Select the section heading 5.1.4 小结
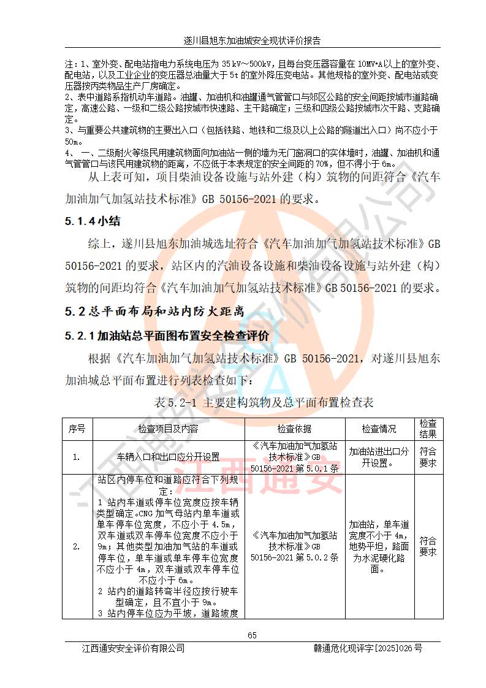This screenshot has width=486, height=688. pos(93,223)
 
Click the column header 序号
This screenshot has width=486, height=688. pos(77,429)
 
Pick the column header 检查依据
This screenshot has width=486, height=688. pos(294,429)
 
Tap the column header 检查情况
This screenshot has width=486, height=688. pos(379,429)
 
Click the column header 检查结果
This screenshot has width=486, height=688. pos(427,429)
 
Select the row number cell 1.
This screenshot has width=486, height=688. pos(77,457)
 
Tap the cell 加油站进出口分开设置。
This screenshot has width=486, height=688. pos(379,457)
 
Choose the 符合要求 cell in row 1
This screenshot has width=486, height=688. pos(427,457)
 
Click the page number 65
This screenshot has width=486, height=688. pos(252,635)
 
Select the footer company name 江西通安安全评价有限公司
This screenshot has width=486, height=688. pos(133,648)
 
